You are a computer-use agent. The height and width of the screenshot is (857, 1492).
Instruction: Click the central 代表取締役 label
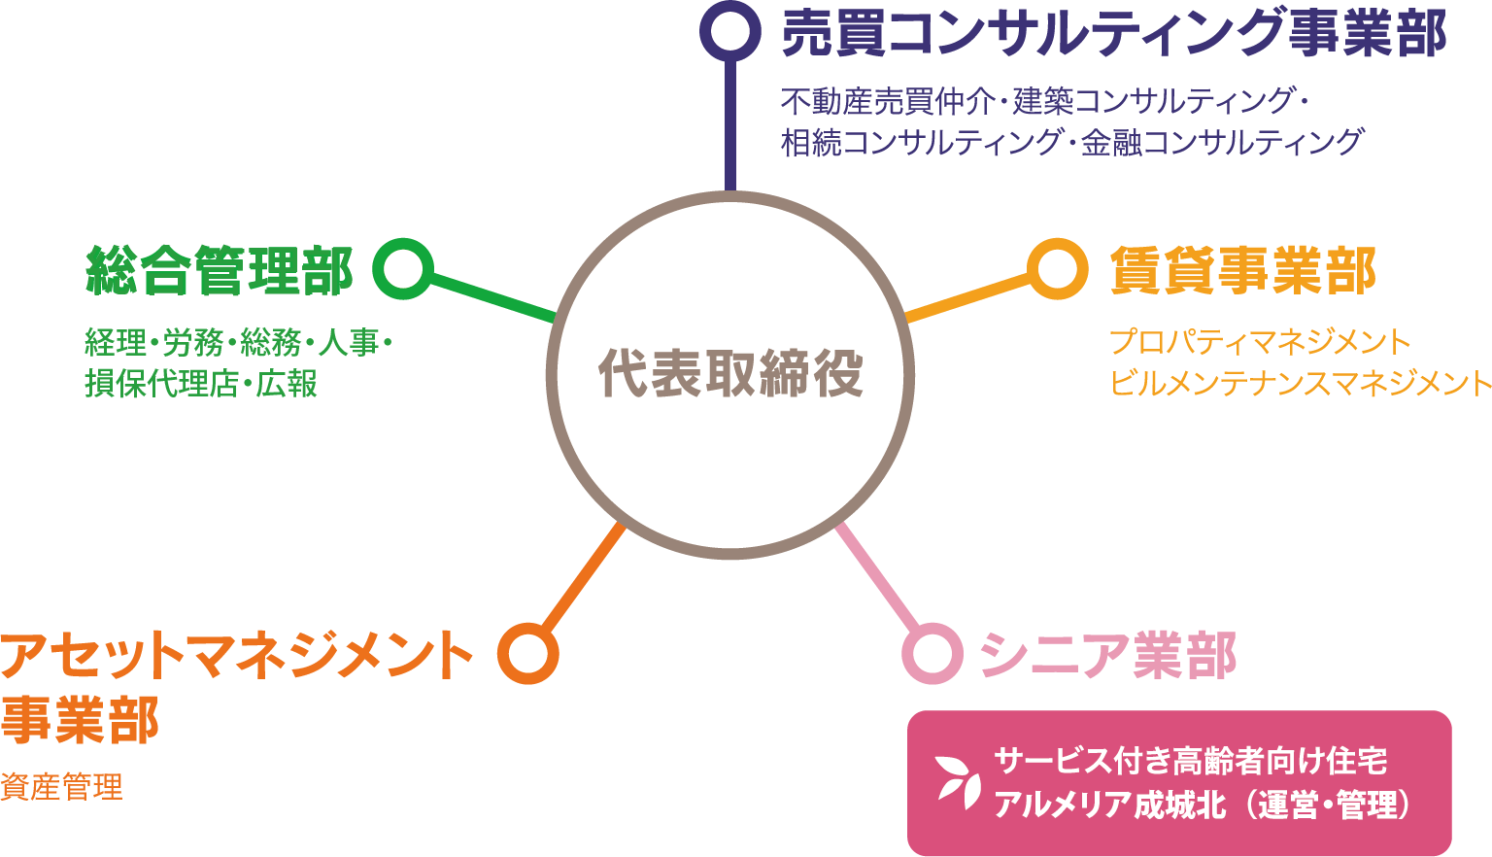730,373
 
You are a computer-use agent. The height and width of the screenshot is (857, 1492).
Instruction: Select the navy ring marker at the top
730,30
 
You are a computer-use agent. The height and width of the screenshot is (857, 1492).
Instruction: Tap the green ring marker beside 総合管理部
402,268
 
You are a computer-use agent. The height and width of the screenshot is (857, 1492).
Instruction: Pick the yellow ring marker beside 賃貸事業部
1057,268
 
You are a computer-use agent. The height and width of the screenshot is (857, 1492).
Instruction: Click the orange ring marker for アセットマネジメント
528,653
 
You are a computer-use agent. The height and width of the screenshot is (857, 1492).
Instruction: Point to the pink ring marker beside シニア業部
932,653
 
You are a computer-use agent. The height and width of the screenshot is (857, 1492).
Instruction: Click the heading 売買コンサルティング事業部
1113,33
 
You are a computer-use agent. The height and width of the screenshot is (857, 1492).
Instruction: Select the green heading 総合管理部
220,270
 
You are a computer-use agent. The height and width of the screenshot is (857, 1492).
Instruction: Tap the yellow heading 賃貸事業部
1243,270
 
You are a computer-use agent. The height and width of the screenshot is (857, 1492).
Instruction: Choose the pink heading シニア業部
1107,655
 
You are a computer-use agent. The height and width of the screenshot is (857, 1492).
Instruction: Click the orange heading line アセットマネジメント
237,655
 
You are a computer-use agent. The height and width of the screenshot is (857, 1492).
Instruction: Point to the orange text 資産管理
62,786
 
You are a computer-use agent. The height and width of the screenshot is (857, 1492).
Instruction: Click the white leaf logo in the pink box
959,779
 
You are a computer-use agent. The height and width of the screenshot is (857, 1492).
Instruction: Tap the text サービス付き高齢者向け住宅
1191,761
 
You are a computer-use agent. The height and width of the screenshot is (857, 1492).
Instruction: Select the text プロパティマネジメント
1260,342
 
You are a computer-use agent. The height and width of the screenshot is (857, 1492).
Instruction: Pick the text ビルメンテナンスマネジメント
1300,383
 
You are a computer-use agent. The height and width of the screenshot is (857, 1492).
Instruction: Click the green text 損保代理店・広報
201,384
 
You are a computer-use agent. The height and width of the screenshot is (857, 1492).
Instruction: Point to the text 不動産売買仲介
887,100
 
